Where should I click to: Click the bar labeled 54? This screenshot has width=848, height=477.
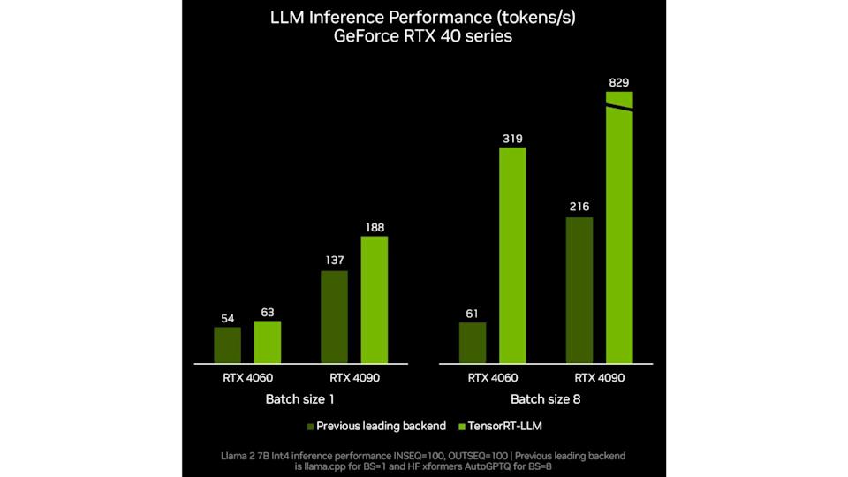coord(227,344)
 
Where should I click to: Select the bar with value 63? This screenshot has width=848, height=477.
coord(268,341)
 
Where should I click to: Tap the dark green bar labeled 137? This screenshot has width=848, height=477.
coord(334,316)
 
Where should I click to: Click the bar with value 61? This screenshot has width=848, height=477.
coord(473,342)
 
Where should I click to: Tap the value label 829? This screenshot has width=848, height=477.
coord(619,84)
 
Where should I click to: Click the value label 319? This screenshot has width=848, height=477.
coord(513,139)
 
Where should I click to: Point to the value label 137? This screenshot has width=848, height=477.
coord(334,261)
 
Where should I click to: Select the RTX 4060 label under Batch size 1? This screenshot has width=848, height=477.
coord(247,378)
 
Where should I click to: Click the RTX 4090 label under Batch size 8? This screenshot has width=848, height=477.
coord(599,378)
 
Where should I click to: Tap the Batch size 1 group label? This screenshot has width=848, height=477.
coord(300,399)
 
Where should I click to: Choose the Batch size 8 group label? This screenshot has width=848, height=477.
coord(546,399)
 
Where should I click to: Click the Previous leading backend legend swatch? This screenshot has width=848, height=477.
coord(311,427)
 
